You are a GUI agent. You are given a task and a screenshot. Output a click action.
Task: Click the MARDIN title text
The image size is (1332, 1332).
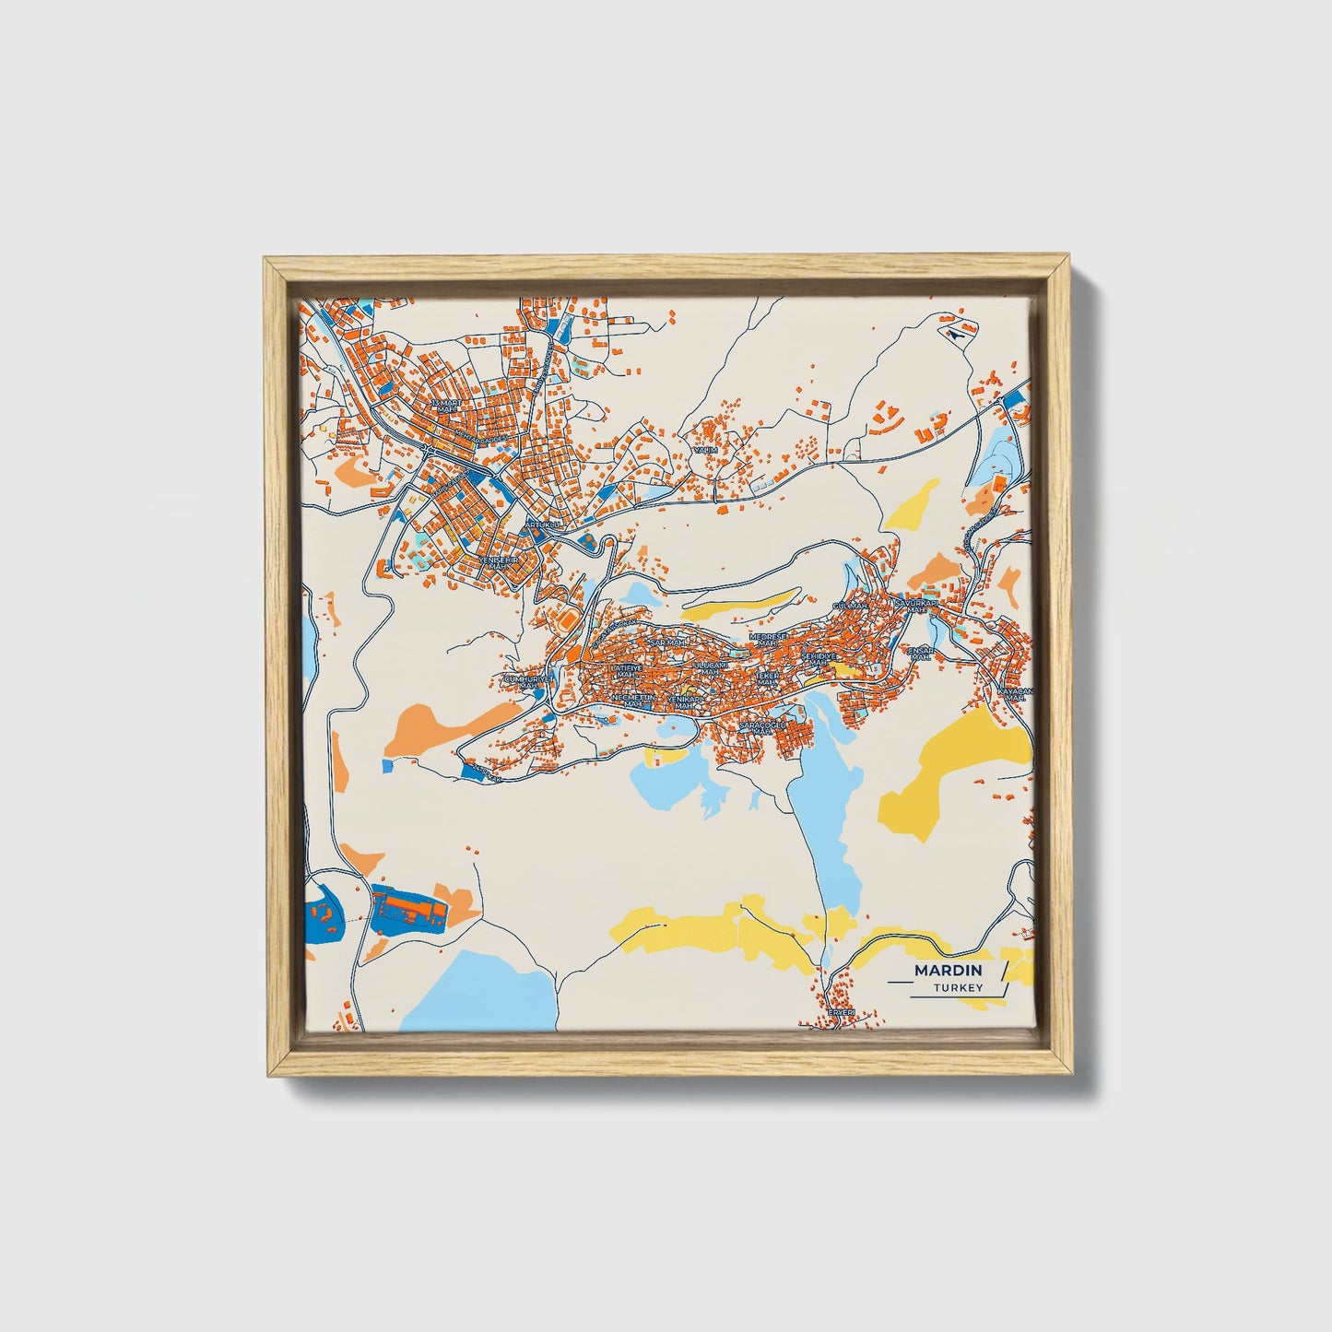pos(949,971)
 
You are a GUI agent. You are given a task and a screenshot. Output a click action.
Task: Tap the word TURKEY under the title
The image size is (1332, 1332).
pos(957,988)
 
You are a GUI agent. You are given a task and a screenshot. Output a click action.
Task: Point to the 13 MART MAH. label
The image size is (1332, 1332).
pos(445,406)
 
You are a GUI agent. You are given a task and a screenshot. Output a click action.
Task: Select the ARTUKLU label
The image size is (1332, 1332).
pos(542,525)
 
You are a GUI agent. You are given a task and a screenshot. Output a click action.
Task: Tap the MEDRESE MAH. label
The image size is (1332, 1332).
pos(769,639)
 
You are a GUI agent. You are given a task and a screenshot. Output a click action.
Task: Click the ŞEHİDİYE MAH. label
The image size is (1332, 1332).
pos(817,658)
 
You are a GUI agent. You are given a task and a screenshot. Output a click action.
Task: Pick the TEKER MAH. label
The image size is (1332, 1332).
pos(768,678)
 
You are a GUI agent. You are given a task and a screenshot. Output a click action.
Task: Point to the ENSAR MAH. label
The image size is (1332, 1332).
pos(921,653)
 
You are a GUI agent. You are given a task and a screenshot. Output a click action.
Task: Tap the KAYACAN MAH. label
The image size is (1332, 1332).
pos(1016,694)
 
